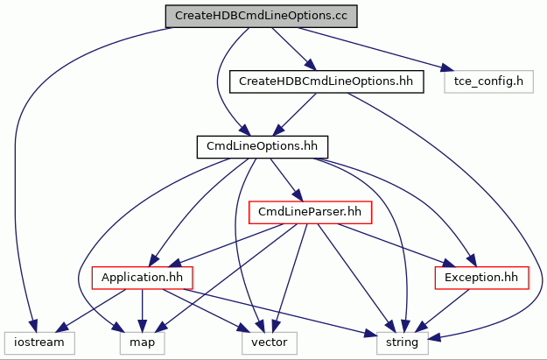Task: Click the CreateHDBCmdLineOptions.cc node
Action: [262, 16]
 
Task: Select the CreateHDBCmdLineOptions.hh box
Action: [326, 81]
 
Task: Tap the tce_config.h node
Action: [488, 81]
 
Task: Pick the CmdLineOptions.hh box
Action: [263, 147]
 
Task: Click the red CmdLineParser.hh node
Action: [310, 212]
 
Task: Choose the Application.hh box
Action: [142, 278]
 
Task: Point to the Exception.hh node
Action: [481, 278]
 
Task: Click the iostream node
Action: [39, 342]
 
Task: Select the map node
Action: [142, 342]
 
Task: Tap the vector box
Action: [270, 342]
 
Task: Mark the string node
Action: [403, 342]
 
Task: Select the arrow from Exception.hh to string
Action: [442, 310]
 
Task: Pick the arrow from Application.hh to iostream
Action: [91, 310]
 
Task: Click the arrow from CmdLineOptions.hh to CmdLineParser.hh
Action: [286, 180]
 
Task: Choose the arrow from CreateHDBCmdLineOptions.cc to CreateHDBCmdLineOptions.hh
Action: [294, 49]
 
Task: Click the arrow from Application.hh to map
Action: [142, 310]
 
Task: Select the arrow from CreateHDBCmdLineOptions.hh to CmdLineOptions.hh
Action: [294, 114]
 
